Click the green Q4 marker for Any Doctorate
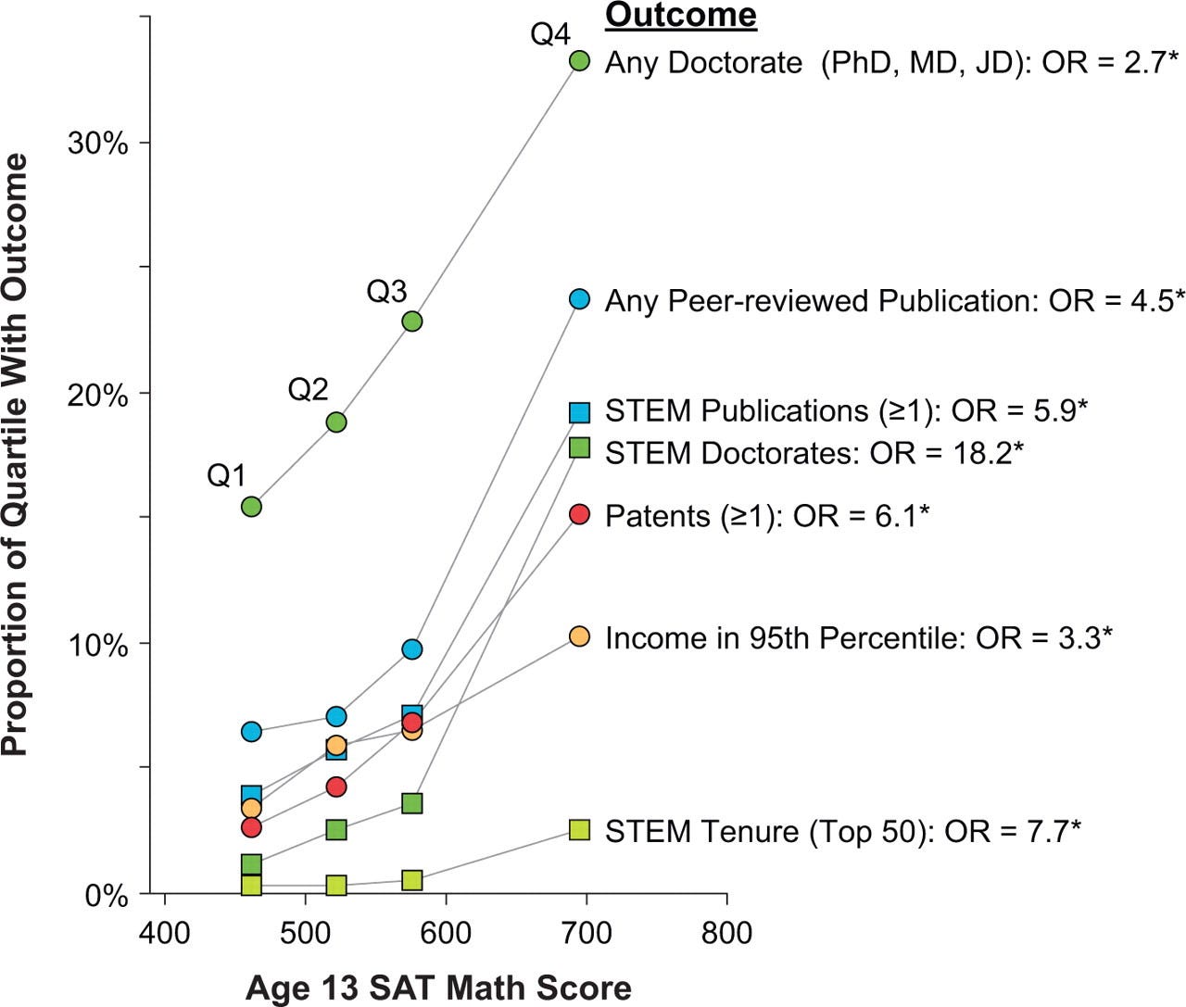tap(579, 61)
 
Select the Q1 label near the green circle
tap(226, 476)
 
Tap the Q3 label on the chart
tap(386, 292)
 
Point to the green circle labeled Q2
tap(336, 422)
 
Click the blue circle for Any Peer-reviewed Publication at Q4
tap(579, 299)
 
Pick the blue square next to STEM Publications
tap(579, 412)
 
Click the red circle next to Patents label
tap(579, 514)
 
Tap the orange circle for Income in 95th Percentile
tap(579, 636)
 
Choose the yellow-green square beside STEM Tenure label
tap(579, 830)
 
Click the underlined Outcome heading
tap(680, 16)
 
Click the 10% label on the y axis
tap(97, 645)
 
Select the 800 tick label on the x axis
tap(726, 932)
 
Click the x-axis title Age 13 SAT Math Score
tap(438, 988)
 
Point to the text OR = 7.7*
tap(1012, 831)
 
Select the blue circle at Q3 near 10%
tap(412, 649)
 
